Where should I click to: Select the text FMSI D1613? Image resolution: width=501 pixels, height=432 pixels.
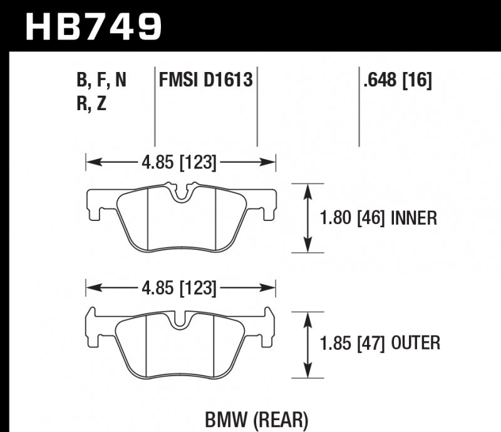(x=206, y=80)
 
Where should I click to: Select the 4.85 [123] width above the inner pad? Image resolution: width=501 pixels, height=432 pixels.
(x=180, y=163)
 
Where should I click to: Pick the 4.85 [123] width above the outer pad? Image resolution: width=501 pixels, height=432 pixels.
(x=180, y=289)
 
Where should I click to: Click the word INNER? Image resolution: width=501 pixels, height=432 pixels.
(x=413, y=218)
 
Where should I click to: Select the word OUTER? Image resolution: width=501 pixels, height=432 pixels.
(x=416, y=343)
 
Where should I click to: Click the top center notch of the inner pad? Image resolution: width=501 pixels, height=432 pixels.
(x=182, y=193)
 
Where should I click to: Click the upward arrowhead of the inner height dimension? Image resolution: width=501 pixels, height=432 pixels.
(x=307, y=190)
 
